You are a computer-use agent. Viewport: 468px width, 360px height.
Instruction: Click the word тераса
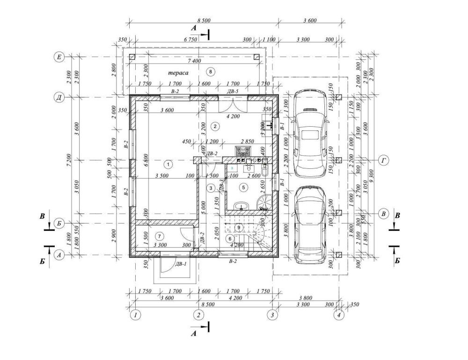coord(180,72)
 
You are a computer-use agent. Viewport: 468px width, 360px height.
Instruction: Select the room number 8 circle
coord(210,72)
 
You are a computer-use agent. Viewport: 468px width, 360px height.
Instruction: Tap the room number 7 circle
coord(160,236)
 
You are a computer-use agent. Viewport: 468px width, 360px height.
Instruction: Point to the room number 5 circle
coord(243,187)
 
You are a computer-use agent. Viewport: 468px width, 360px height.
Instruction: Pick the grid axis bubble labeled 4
coord(339,315)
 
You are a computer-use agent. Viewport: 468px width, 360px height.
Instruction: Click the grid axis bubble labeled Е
coord(59,57)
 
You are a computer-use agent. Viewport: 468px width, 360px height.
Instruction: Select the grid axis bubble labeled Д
coord(59,98)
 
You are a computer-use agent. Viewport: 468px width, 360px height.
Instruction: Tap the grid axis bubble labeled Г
coord(384,160)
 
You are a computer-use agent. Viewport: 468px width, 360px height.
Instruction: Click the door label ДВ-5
coord(233,92)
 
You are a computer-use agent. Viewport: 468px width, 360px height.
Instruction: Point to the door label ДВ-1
coord(181,264)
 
